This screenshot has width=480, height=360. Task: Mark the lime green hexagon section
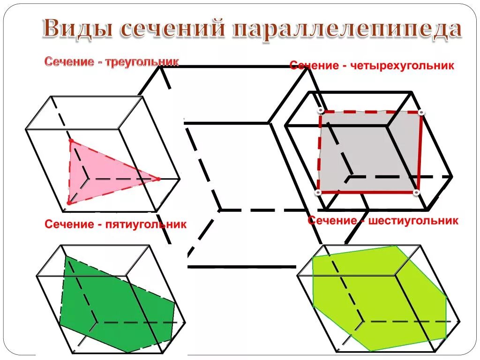(x=380, y=300)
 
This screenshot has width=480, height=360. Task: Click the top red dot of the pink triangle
(x=71, y=141)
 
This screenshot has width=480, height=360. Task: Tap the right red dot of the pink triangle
(x=158, y=179)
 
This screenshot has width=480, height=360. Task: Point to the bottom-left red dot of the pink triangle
(x=68, y=203)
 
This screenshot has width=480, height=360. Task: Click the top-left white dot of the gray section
(x=320, y=111)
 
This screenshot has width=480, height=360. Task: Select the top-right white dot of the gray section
(x=421, y=112)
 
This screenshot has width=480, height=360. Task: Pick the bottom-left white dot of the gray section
(x=318, y=193)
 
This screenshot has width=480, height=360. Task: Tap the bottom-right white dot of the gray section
(x=416, y=192)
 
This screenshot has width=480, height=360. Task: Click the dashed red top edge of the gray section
(x=370, y=112)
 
